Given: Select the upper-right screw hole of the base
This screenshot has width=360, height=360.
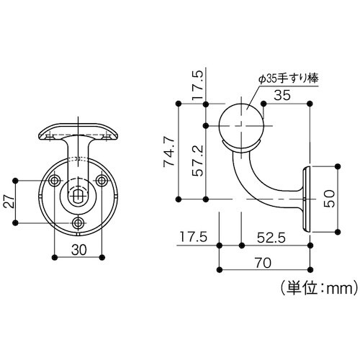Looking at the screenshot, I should click(101, 182).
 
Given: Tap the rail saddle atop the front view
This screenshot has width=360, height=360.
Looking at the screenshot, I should click(78, 132).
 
